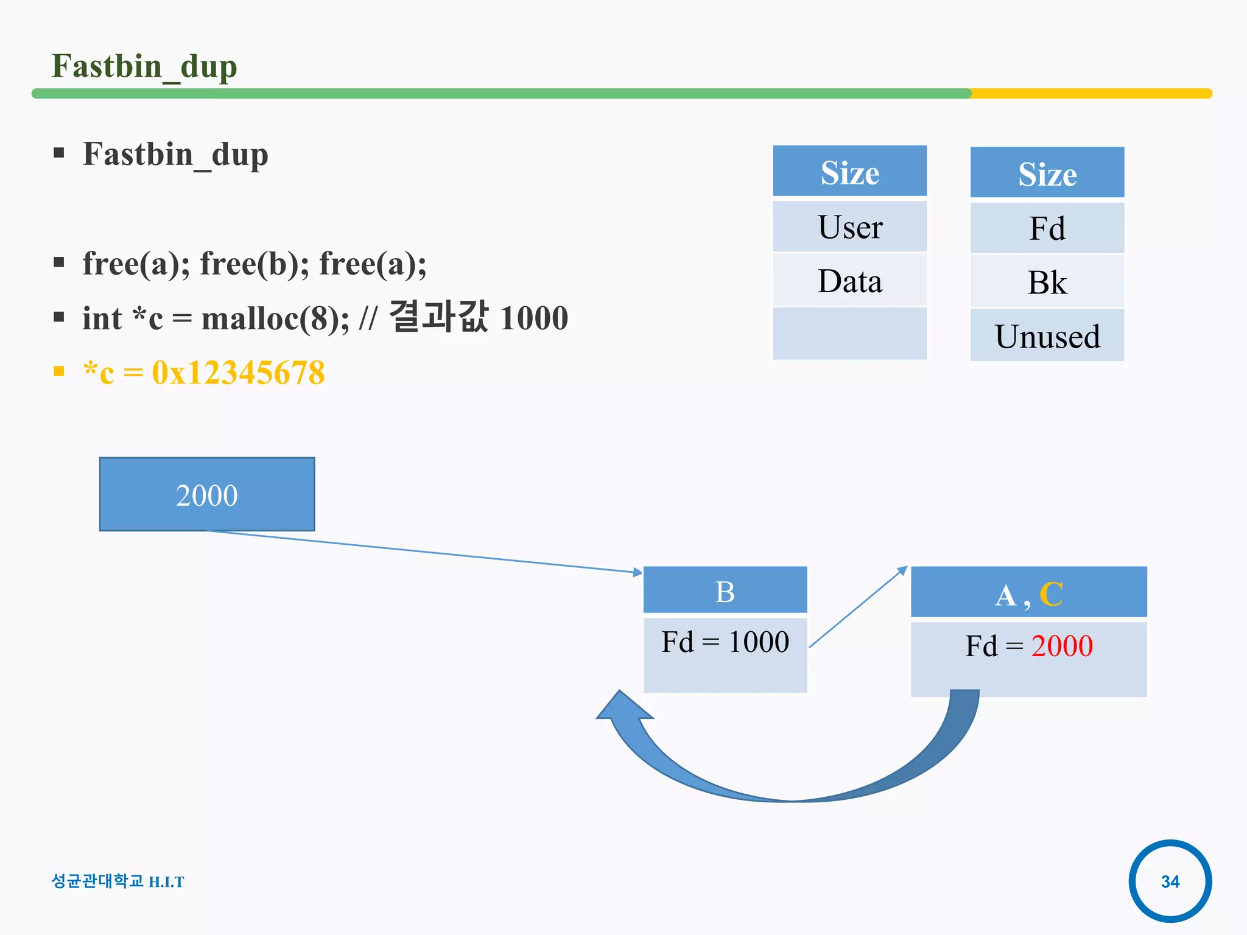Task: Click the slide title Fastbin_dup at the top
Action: click(144, 66)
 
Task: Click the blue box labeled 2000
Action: click(207, 494)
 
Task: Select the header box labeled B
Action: click(725, 590)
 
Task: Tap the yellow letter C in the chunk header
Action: click(1051, 594)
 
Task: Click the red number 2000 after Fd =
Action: click(1062, 646)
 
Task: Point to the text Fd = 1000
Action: click(725, 642)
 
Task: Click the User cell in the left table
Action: click(849, 227)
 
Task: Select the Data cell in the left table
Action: click(849, 281)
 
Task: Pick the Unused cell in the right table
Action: click(1047, 336)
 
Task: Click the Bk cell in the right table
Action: click(1047, 282)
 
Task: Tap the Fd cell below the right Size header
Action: click(1047, 229)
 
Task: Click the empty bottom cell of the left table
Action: click(849, 334)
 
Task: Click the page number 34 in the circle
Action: click(1170, 881)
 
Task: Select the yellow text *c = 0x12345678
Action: click(204, 373)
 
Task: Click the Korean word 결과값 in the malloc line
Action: click(438, 317)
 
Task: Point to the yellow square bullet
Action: click(59, 371)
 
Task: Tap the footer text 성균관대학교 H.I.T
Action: click(118, 881)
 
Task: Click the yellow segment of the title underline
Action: click(1090, 94)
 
